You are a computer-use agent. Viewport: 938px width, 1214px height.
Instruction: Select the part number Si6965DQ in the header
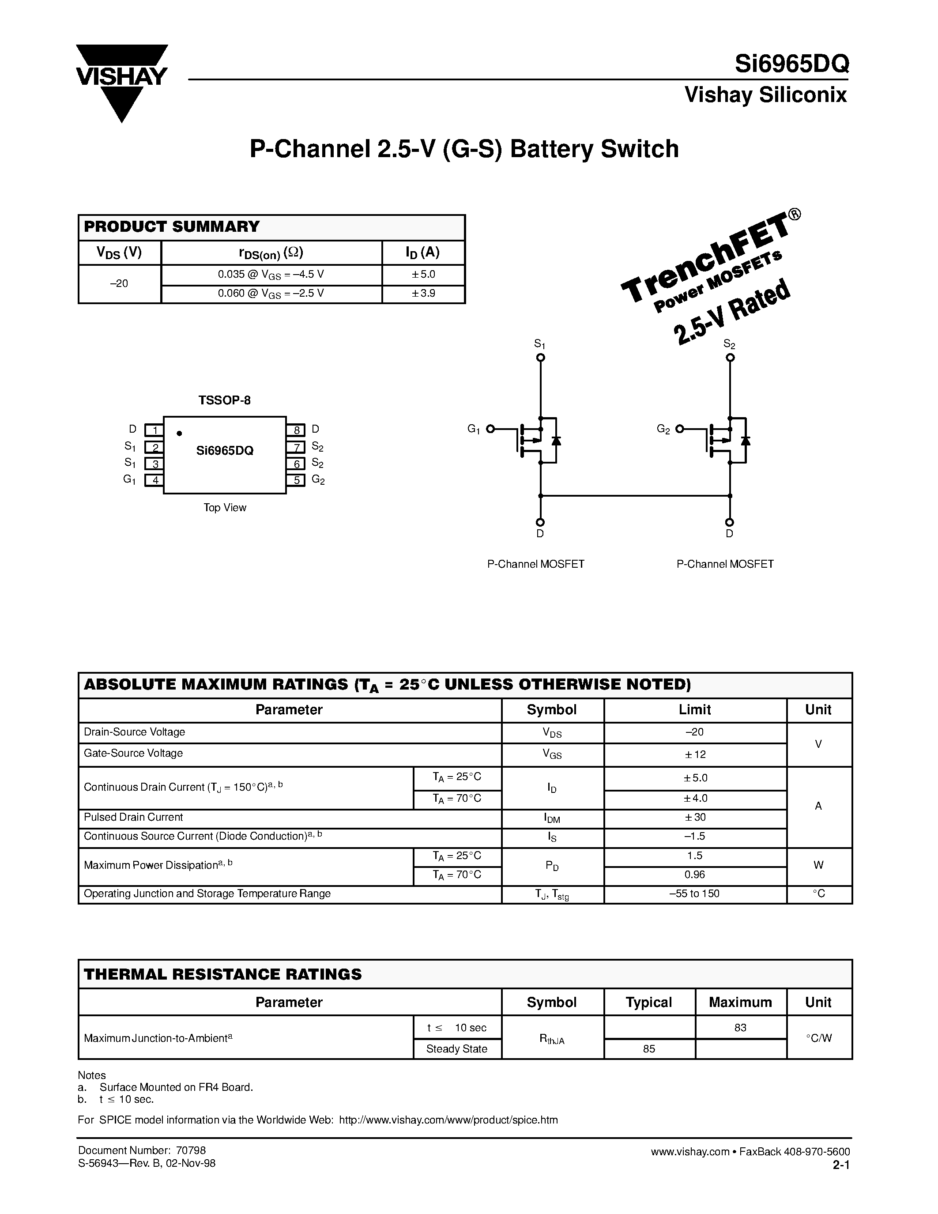tap(791, 64)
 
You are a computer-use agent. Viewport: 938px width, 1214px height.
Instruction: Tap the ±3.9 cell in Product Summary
tap(423, 293)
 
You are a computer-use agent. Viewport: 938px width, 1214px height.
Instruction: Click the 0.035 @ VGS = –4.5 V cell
tap(271, 275)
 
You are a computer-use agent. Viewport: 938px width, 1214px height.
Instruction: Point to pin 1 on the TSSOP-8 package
tap(154, 430)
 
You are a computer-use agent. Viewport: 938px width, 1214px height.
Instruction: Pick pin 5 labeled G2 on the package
tap(296, 480)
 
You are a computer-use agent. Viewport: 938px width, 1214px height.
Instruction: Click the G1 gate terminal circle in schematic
tap(490, 429)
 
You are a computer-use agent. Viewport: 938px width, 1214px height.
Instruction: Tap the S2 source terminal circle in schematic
tap(730, 358)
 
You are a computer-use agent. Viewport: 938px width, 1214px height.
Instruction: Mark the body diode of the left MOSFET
tap(556, 441)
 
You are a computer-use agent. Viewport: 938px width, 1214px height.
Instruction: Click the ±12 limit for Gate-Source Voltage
tap(695, 754)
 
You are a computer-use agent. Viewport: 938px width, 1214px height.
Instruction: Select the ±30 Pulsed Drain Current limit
tap(695, 818)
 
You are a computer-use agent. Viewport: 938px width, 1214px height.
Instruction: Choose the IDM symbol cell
tap(551, 818)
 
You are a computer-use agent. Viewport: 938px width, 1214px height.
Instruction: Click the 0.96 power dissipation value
tap(695, 875)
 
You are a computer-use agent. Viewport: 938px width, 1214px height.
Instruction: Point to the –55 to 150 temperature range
tap(695, 894)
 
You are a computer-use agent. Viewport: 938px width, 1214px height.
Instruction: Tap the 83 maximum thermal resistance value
tap(740, 1028)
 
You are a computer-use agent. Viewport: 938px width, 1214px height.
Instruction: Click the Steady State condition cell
tap(457, 1049)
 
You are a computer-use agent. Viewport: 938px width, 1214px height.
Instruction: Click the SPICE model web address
tap(448, 1120)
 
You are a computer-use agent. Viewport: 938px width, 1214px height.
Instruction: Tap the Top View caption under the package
tap(225, 508)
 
